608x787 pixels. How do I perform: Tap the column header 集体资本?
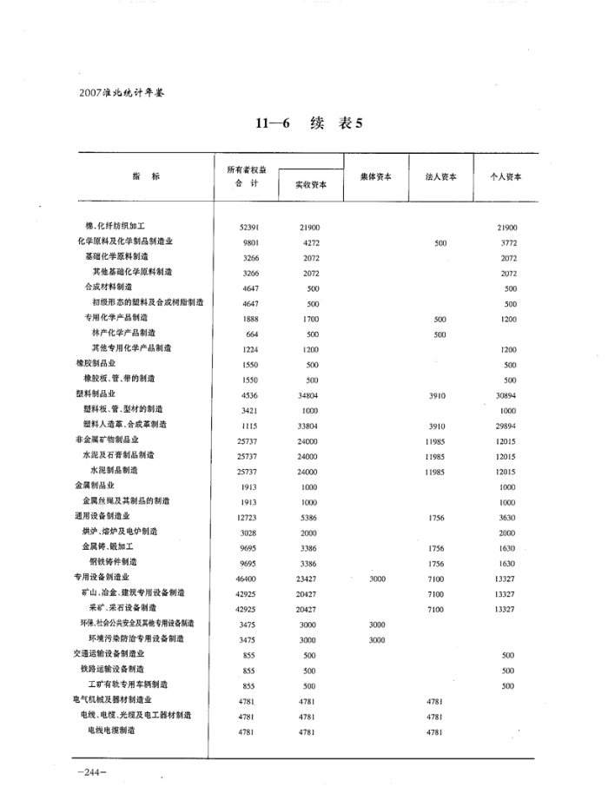(x=375, y=176)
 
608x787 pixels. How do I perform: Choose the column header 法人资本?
(x=442, y=176)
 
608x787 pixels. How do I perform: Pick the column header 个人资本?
(x=506, y=176)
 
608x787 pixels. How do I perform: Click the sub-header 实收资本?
(x=310, y=185)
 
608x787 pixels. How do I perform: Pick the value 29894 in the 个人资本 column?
(x=505, y=425)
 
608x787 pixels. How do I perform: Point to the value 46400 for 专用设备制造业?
(x=249, y=578)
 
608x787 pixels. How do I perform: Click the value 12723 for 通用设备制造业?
(x=249, y=517)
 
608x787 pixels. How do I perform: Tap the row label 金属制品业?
(x=96, y=486)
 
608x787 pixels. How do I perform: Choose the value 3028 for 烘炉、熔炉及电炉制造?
(x=249, y=532)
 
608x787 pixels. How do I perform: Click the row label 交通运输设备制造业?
(x=110, y=653)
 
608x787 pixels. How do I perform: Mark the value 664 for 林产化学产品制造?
(x=252, y=334)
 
